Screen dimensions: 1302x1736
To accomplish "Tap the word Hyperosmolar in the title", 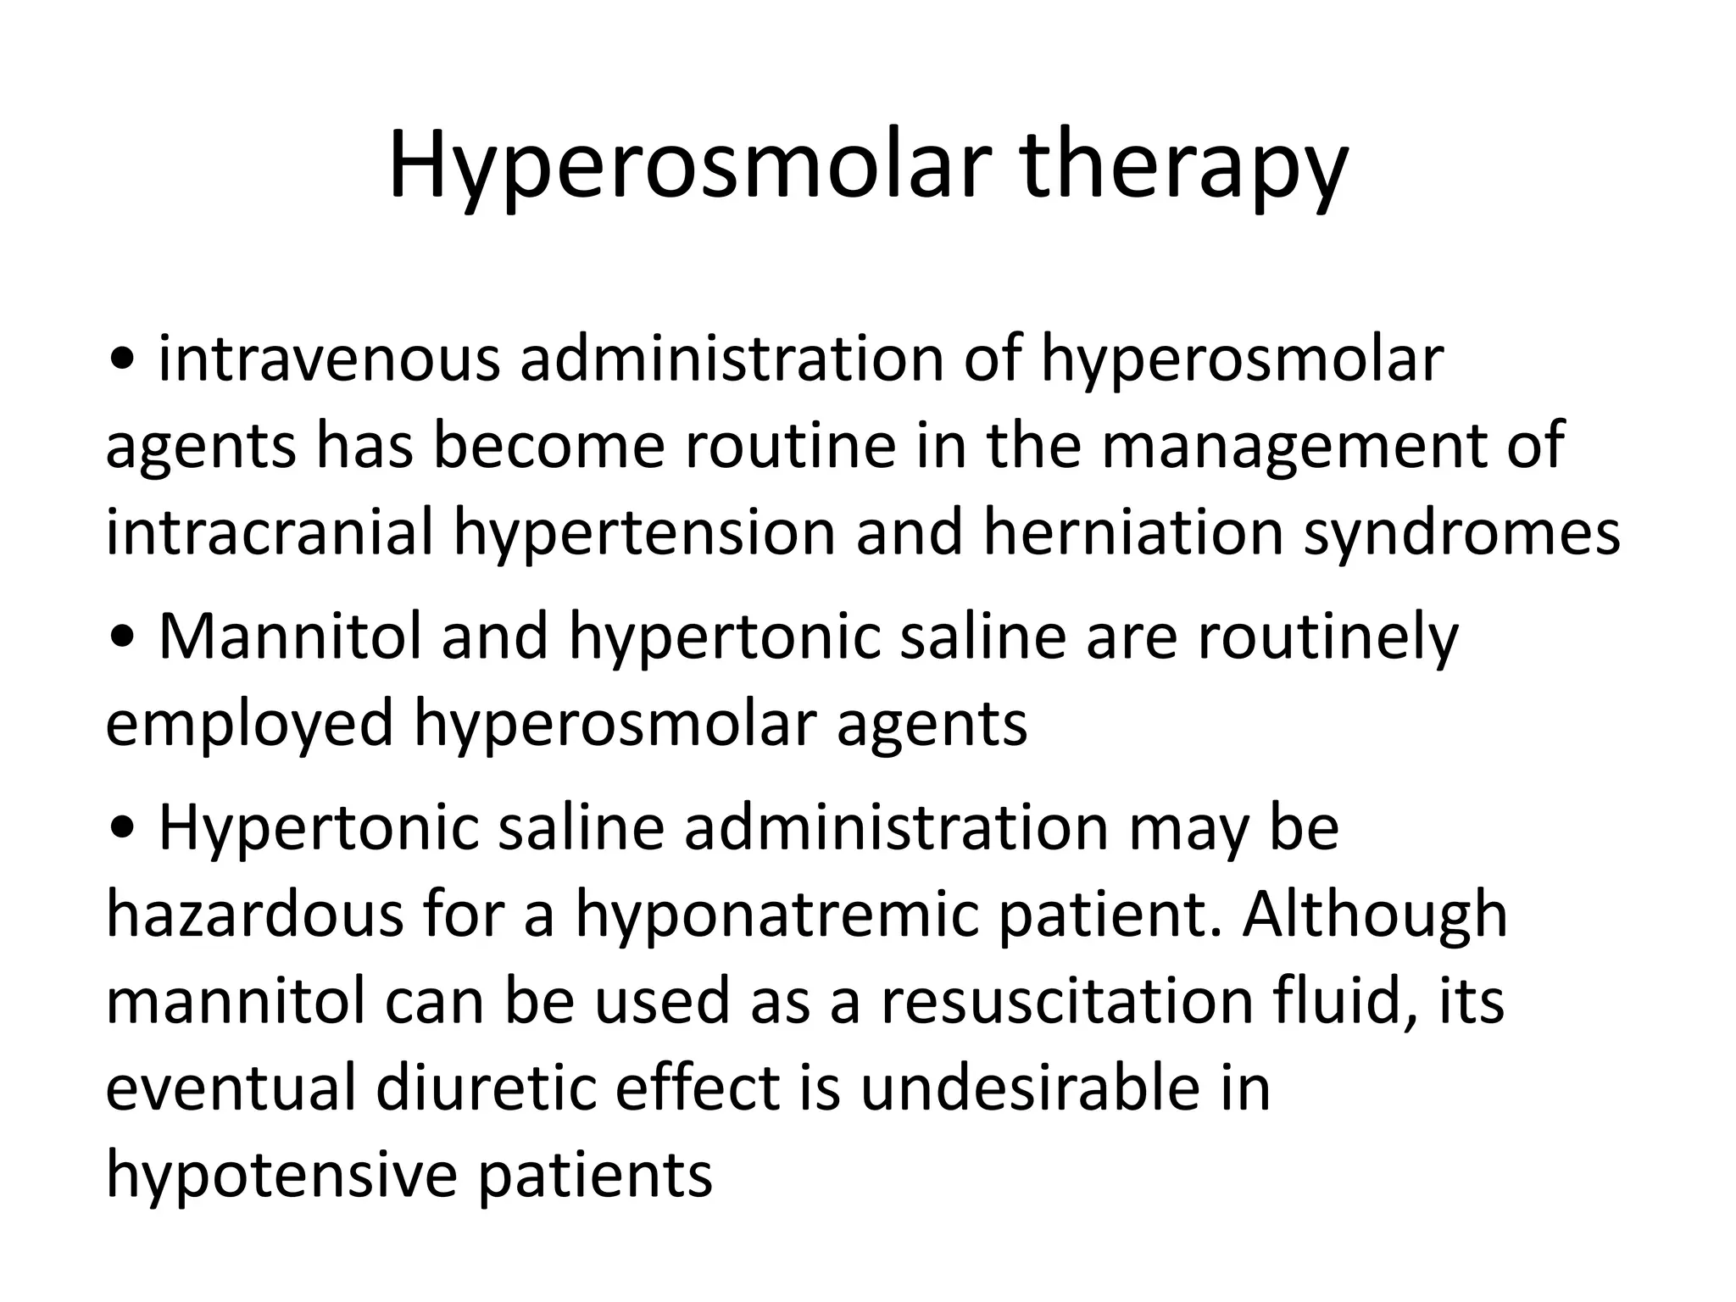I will pyautogui.click(x=689, y=167).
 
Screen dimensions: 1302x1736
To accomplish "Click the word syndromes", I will pyautogui.click(x=1461, y=536).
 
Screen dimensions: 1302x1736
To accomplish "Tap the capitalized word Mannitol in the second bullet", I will pyautogui.click(x=290, y=637).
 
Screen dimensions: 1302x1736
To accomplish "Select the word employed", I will pyautogui.click(x=250, y=726).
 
